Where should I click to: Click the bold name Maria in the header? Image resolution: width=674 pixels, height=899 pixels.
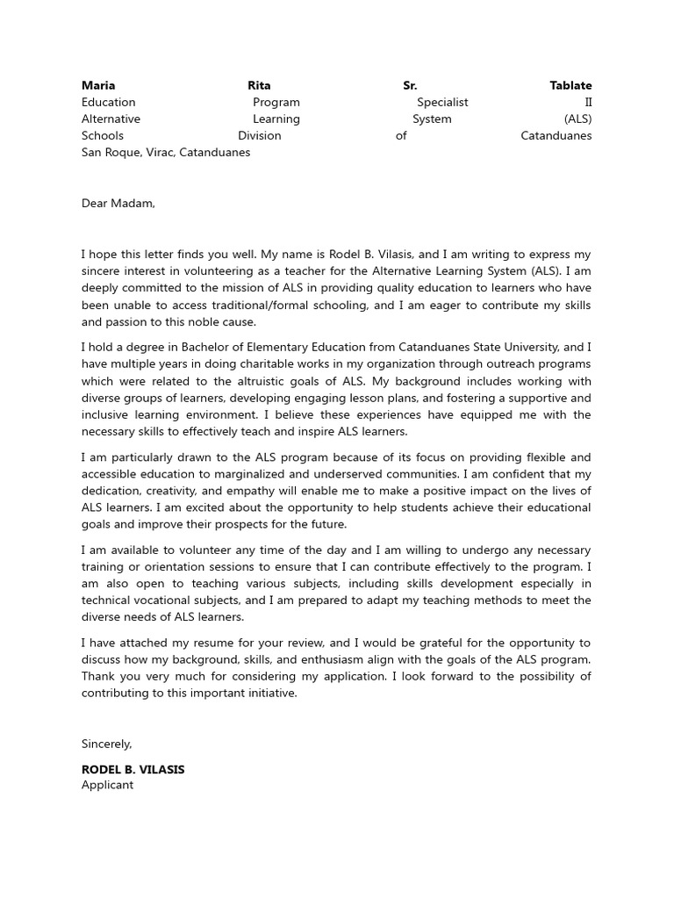[x=98, y=85]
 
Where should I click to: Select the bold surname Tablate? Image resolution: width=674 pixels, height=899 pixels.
[x=570, y=85]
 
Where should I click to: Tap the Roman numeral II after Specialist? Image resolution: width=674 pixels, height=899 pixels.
[x=588, y=102]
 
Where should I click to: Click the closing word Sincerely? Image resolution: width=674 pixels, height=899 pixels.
[x=106, y=744]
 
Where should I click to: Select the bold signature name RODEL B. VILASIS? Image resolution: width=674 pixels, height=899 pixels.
[x=133, y=769]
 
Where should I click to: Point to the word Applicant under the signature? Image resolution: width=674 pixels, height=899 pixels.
[x=107, y=785]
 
